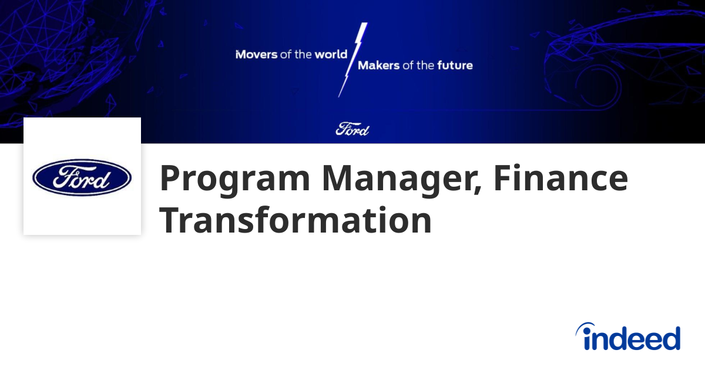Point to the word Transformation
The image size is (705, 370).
(296, 220)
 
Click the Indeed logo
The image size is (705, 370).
(628, 337)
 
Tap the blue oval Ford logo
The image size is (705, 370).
(82, 177)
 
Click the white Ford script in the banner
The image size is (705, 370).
(352, 129)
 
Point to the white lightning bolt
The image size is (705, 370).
(352, 60)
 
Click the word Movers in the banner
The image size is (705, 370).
(257, 55)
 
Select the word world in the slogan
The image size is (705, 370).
(331, 54)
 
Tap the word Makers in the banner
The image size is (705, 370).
(379, 65)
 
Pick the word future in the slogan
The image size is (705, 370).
(455, 65)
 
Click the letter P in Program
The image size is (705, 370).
(170, 177)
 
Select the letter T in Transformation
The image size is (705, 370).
(170, 220)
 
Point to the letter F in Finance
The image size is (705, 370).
(503, 177)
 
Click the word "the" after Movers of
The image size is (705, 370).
(303, 55)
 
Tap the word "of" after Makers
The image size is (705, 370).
(408, 65)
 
